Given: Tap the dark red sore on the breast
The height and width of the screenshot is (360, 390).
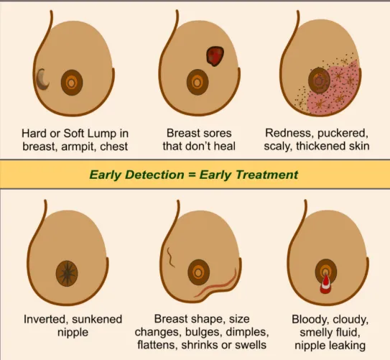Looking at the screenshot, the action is [215, 56].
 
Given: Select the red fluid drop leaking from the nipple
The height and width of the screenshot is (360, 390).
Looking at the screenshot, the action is [325, 284].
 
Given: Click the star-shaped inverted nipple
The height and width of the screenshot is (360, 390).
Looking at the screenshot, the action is [67, 274].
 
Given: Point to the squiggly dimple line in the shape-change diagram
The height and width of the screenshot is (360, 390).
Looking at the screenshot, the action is [170, 257].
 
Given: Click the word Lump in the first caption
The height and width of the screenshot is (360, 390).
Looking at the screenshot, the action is [102, 134].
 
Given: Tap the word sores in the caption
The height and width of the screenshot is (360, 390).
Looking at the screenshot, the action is [217, 134].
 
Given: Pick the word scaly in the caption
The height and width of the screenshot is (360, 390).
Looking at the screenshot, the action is [278, 147].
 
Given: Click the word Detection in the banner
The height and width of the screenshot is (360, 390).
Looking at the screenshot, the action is [154, 175].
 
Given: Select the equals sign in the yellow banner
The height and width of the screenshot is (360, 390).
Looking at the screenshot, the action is [192, 175].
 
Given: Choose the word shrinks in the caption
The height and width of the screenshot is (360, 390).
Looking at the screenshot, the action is [200, 345].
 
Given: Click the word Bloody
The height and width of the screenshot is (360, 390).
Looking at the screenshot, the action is [310, 320].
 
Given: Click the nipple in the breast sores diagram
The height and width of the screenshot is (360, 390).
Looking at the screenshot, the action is [198, 83].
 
